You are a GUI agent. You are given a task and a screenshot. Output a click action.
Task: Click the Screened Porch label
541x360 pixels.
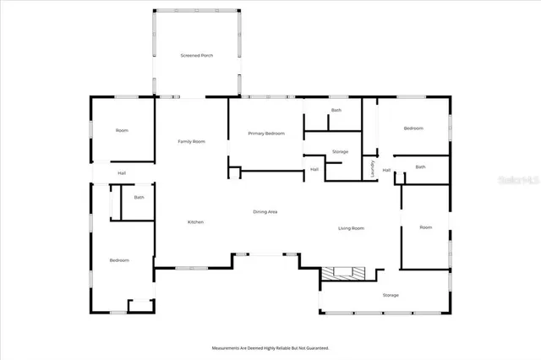point(196,55)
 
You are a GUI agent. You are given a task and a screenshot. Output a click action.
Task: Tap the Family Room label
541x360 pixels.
point(191,141)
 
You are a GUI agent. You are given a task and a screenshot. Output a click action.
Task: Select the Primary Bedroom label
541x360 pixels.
point(265,134)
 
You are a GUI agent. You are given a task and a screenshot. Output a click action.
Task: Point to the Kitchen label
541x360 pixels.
point(195,221)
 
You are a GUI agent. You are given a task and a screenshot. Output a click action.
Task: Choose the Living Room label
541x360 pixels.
point(351,228)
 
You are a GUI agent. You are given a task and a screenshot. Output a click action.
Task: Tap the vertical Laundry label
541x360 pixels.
point(372,168)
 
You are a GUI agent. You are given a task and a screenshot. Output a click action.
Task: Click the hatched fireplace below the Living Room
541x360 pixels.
point(345,273)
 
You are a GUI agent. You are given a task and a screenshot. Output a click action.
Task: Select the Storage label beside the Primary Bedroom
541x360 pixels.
point(340,151)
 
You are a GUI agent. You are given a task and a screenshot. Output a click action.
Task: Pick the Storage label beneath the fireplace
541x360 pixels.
point(390,295)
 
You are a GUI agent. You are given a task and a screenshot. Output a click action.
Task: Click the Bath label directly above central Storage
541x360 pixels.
point(336,110)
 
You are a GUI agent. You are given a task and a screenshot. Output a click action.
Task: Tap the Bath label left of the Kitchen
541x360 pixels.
point(139,197)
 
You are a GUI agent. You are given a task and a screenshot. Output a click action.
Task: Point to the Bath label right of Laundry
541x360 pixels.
point(420,166)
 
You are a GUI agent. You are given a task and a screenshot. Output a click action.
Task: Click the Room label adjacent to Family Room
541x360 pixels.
point(122,129)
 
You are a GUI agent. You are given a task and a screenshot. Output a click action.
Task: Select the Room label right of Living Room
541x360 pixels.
point(425,226)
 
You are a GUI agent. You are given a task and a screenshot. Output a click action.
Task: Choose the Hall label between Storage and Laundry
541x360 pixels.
point(314,169)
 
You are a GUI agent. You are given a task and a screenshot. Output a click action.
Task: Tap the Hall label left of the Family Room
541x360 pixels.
point(122,173)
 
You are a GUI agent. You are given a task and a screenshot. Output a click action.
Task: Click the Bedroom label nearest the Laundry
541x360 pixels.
point(413,128)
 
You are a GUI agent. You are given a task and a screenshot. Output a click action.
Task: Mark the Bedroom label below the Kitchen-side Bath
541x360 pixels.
point(119,259)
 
